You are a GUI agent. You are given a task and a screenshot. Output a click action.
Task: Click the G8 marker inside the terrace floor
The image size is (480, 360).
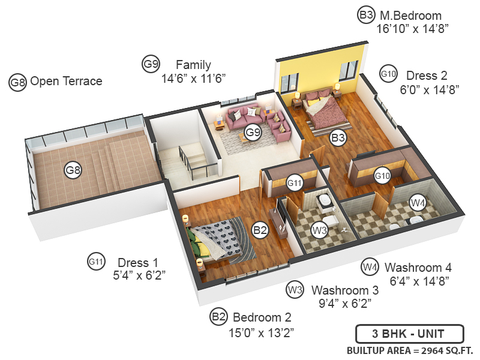(x=73, y=170)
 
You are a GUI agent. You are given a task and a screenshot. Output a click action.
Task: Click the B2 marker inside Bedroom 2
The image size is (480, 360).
(x=260, y=229)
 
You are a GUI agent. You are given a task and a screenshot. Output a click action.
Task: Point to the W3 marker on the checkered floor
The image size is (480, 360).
(x=319, y=229)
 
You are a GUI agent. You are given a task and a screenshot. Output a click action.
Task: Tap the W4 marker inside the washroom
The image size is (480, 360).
(x=418, y=203)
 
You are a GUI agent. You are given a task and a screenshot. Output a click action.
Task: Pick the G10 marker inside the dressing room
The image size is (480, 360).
(x=382, y=175)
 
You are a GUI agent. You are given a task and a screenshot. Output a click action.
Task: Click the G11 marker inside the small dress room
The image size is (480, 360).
(x=294, y=182)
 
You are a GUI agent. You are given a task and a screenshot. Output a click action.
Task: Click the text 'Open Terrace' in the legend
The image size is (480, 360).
(x=66, y=81)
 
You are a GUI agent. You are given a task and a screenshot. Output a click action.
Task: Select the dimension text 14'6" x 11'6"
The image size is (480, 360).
(x=193, y=77)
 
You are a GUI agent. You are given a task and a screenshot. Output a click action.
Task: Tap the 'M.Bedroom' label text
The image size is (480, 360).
(x=409, y=16)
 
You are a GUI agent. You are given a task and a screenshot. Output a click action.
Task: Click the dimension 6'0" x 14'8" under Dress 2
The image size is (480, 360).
(x=430, y=89)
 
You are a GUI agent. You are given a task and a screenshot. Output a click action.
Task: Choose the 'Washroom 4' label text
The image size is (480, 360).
(x=418, y=267)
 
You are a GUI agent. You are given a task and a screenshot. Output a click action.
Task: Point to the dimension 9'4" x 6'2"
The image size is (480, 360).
(x=344, y=303)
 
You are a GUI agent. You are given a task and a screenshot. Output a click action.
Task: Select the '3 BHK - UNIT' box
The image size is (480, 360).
(x=409, y=333)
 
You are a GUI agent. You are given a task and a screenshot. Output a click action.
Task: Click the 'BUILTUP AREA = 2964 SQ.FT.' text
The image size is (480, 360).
(x=410, y=350)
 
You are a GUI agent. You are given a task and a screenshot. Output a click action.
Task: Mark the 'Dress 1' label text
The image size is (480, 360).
(x=138, y=262)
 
